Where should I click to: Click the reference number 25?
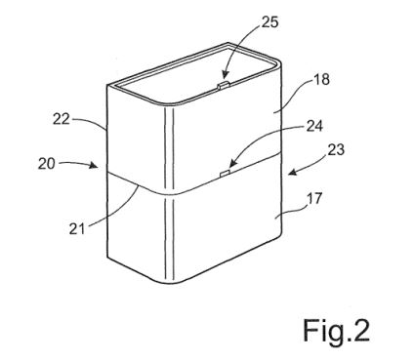click(x=269, y=22)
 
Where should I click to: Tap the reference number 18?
click(x=321, y=79)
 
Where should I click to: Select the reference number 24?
click(x=314, y=126)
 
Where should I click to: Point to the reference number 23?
click(x=335, y=150)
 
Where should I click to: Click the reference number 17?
click(x=314, y=198)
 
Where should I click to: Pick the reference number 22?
click(x=62, y=120)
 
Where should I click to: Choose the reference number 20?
click(x=47, y=164)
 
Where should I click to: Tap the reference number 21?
click(x=77, y=229)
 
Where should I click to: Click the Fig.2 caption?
click(x=337, y=331)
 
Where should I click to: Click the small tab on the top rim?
click(x=224, y=85)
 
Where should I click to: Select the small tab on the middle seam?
click(x=225, y=173)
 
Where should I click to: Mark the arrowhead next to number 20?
click(x=94, y=165)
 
